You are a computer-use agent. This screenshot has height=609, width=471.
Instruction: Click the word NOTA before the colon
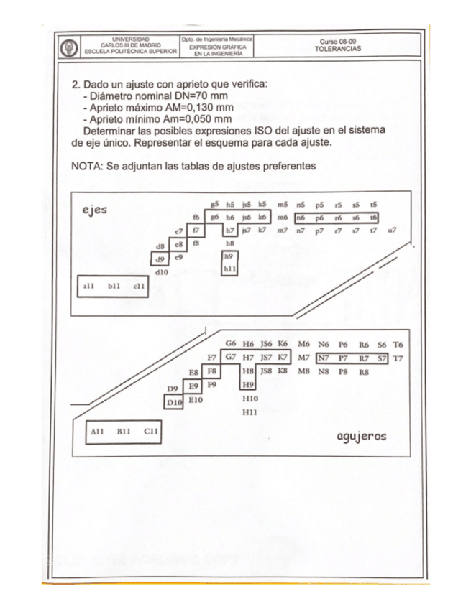pyautogui.click(x=86, y=167)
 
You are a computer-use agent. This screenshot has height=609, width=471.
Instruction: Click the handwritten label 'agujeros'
pyautogui.click(x=362, y=436)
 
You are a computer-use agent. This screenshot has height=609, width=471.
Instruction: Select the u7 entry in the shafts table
pyautogui.click(x=392, y=231)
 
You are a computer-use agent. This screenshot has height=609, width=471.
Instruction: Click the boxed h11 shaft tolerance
pyautogui.click(x=230, y=269)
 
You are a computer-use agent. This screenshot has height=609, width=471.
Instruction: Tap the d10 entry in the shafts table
pyautogui.click(x=163, y=271)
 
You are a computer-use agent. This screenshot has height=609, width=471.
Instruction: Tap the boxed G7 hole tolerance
pyautogui.click(x=230, y=356)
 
